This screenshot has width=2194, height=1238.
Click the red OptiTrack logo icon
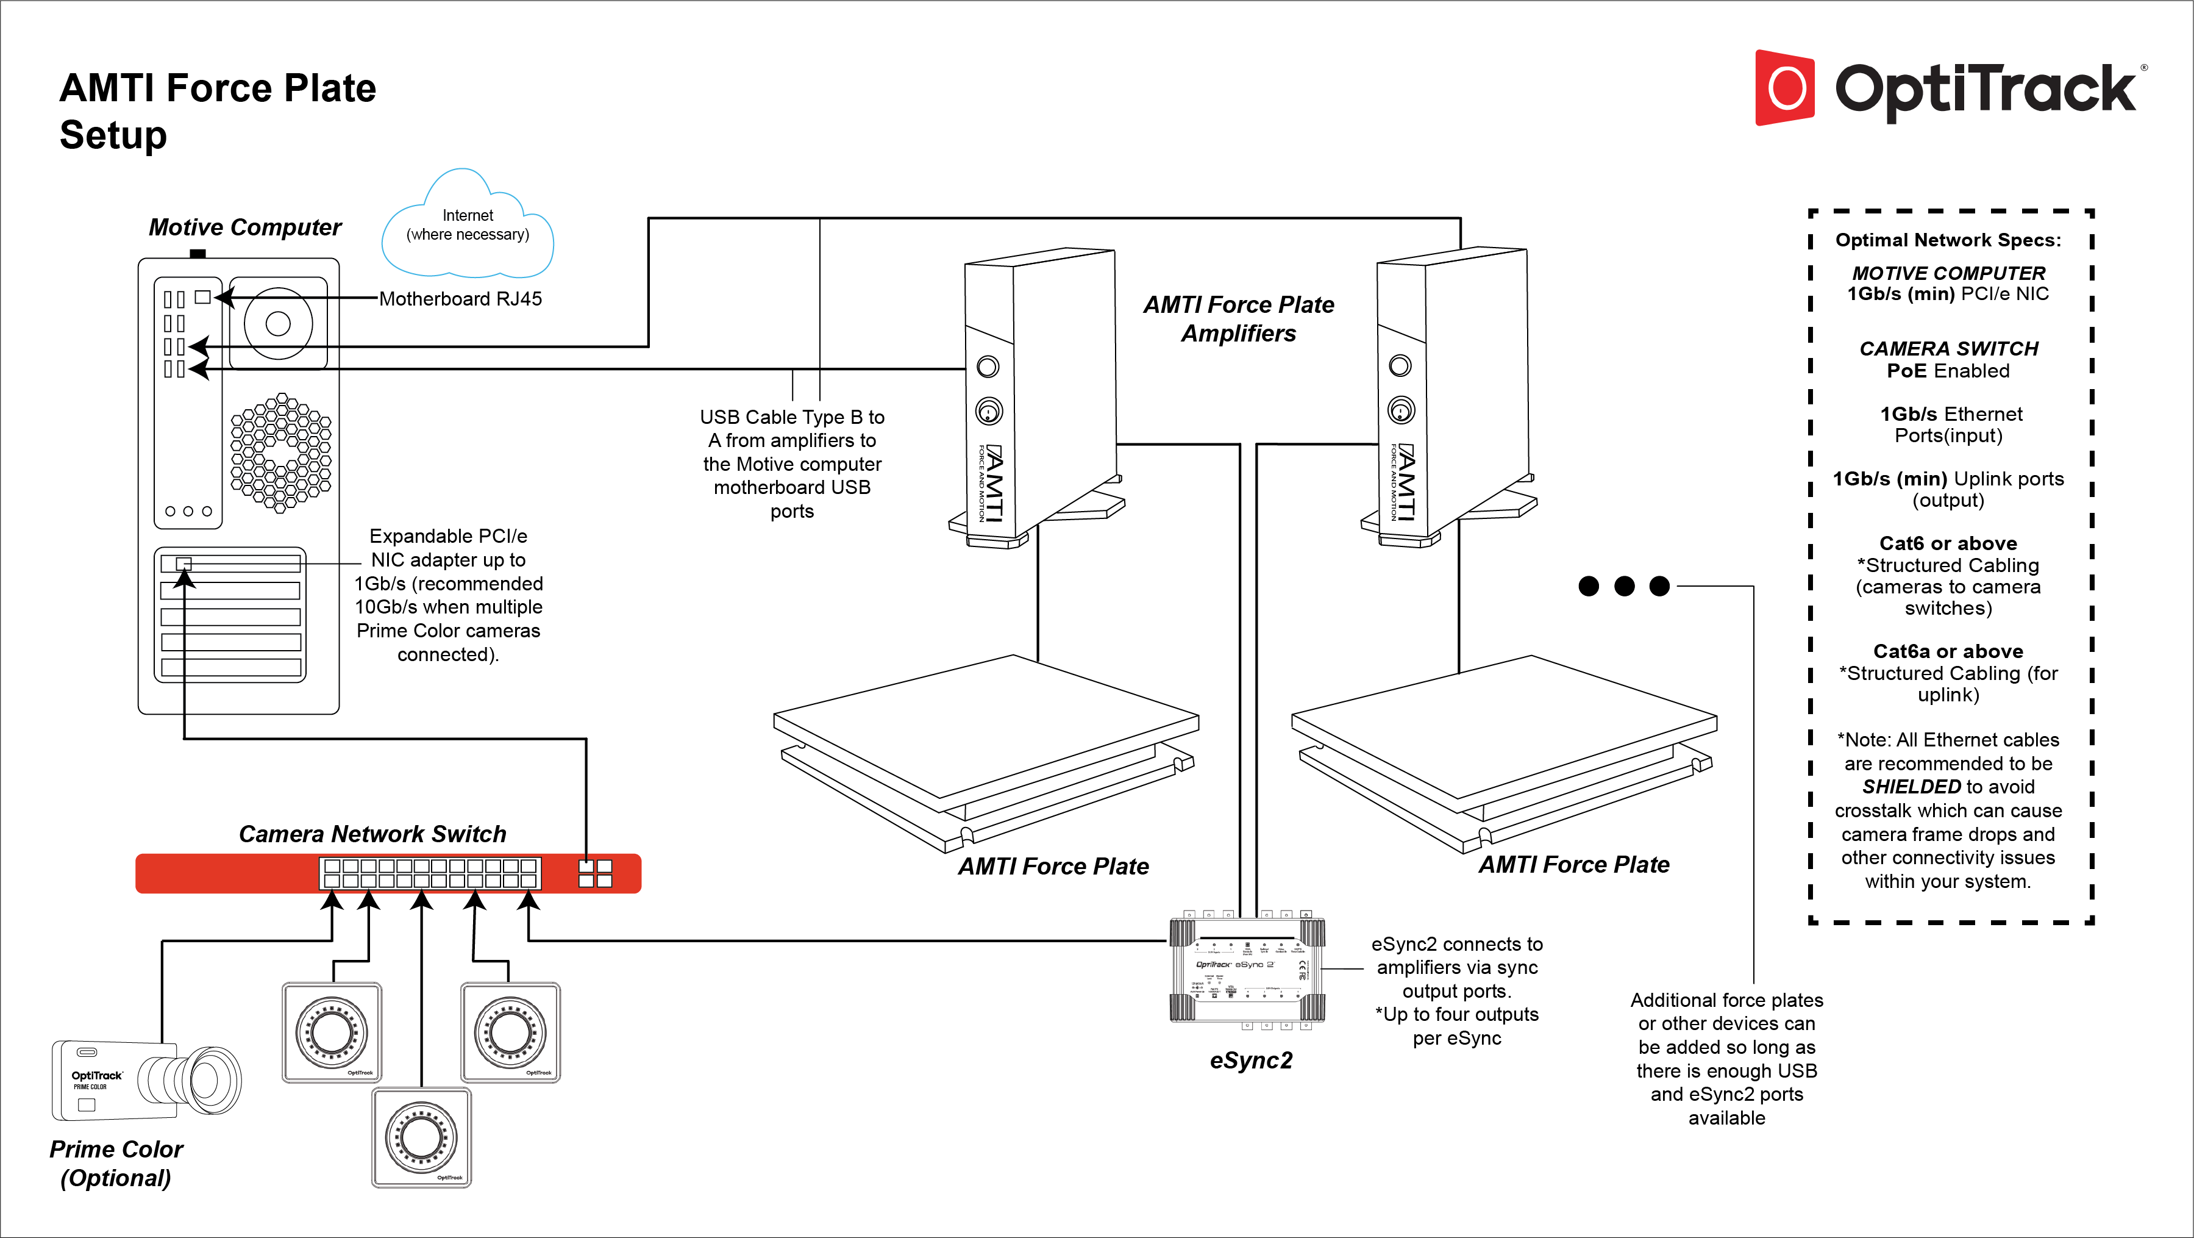1785,88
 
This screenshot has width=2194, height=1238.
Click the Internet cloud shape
468,226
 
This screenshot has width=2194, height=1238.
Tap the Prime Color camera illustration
146,1081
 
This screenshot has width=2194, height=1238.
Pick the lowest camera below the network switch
422,1137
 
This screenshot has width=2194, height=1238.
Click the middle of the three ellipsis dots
1624,586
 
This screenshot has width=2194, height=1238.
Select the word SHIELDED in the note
1911,787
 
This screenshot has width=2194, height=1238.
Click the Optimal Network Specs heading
1948,240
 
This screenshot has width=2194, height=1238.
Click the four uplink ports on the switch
596,873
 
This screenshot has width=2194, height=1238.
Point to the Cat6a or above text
1948,651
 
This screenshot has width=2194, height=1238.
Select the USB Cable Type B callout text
791,463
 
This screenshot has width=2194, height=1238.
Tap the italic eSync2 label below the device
1250,1061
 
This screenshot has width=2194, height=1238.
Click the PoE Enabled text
1948,371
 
